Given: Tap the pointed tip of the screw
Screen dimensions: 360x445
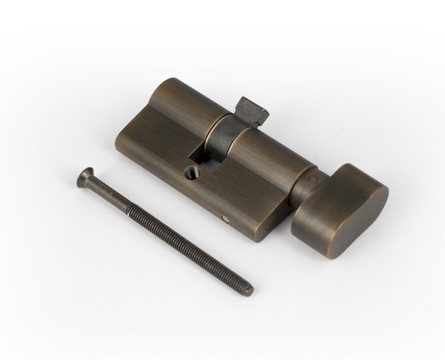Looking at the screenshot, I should point(250,291).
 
